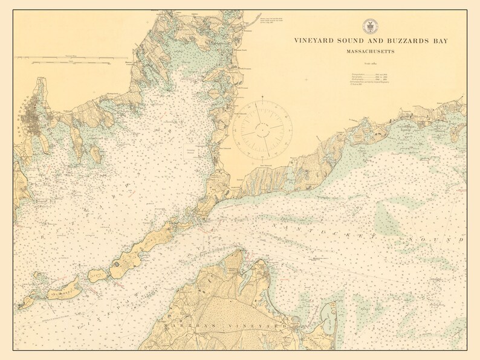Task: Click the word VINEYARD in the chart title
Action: pos(315,41)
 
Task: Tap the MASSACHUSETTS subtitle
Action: pos(370,52)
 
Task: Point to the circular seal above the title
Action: pos(370,27)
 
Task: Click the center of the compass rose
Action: pos(264,128)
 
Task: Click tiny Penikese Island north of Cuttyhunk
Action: pos(39,275)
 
